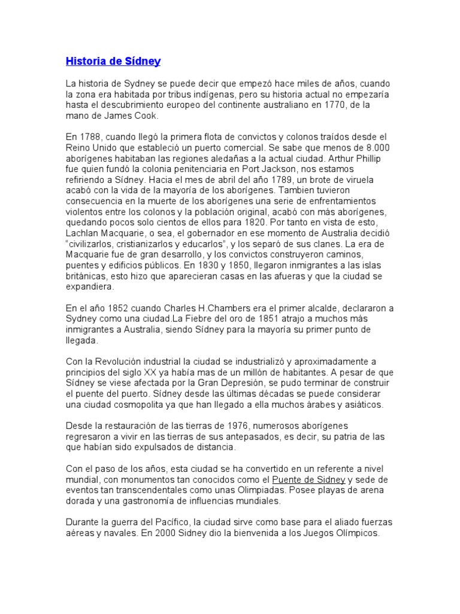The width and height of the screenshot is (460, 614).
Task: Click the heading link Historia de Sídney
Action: pos(113,61)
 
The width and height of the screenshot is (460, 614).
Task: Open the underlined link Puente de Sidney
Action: pos(308,480)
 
